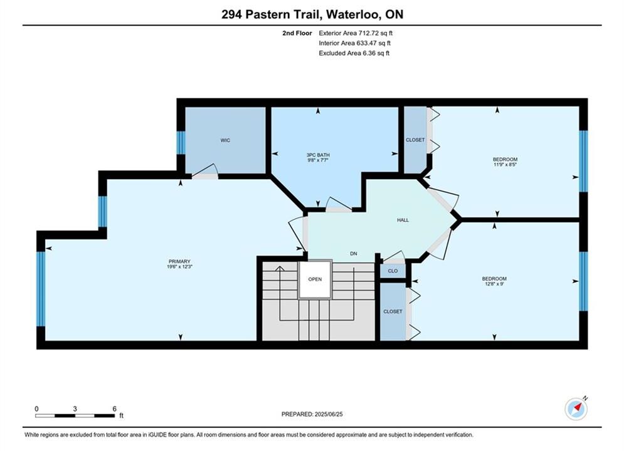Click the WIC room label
pos(225,140)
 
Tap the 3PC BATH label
pos(318,155)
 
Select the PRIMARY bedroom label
pos(179,261)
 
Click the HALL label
pos(403,220)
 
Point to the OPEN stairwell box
pos(315,279)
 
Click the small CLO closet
pos(393,271)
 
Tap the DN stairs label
pos(353,254)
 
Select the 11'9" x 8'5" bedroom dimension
pos(505,165)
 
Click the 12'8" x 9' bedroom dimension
pos(494,284)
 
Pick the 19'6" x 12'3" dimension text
pos(179,267)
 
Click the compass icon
pos(576,408)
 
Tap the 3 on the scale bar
pos(75,408)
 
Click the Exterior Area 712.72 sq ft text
pos(356,33)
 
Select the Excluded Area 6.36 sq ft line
pos(354,53)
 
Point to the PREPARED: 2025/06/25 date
pos(312,414)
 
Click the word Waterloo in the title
pos(352,14)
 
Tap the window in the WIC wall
pos(181,143)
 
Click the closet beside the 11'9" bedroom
pos(415,140)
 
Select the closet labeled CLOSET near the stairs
pos(393,311)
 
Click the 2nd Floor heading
pos(297,33)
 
